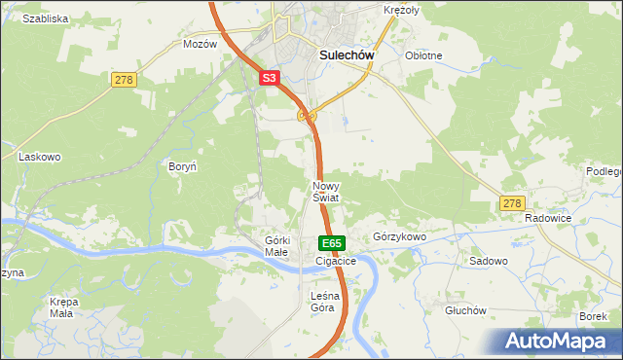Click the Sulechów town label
pyautogui.click(x=348, y=55)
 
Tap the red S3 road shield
pyautogui.click(x=271, y=78)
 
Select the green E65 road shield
pyautogui.click(x=331, y=242)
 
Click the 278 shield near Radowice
pyautogui.click(x=513, y=202)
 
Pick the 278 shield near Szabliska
pyautogui.click(x=123, y=79)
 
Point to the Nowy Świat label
pyautogui.click(x=325, y=191)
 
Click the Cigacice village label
pyautogui.click(x=336, y=261)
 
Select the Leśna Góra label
pyautogui.click(x=322, y=302)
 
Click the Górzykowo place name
pyautogui.click(x=401, y=236)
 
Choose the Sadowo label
pyautogui.click(x=489, y=261)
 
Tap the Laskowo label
pyautogui.click(x=40, y=156)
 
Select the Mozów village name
pyautogui.click(x=200, y=44)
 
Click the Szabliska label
pyautogui.click(x=45, y=18)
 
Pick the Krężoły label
pyautogui.click(x=400, y=9)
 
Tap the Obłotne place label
pyautogui.click(x=423, y=55)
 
